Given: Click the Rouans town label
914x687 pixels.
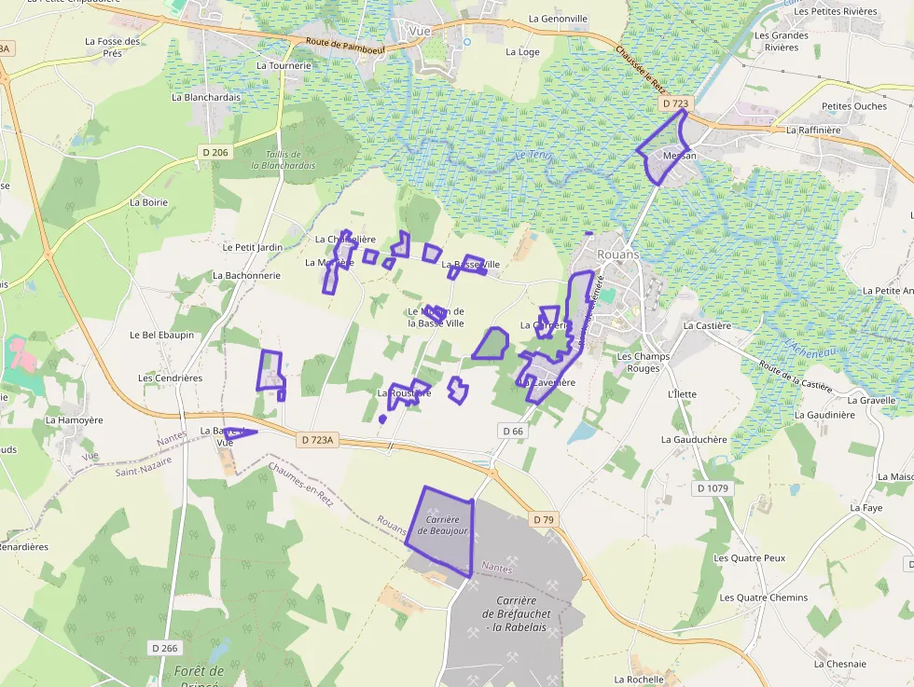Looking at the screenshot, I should pyautogui.click(x=618, y=254).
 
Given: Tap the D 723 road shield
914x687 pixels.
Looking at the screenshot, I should pyautogui.click(x=673, y=103).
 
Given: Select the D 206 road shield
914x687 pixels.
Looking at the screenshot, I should pyautogui.click(x=215, y=152).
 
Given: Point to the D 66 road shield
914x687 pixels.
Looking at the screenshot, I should pyautogui.click(x=513, y=431).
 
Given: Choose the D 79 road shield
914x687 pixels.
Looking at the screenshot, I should pyautogui.click(x=544, y=518).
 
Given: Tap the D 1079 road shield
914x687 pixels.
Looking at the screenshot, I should pyautogui.click(x=713, y=488).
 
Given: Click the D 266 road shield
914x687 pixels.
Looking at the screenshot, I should pyautogui.click(x=164, y=647).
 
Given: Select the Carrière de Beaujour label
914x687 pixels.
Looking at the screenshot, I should pyautogui.click(x=442, y=524).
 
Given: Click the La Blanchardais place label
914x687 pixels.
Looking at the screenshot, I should pyautogui.click(x=206, y=97).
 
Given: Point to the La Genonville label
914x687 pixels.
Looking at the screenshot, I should pyautogui.click(x=558, y=19).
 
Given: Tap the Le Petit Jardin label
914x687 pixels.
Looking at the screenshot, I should pyautogui.click(x=253, y=247).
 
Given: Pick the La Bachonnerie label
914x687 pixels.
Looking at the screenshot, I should pyautogui.click(x=246, y=275).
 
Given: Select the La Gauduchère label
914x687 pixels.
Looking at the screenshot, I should pyautogui.click(x=694, y=439).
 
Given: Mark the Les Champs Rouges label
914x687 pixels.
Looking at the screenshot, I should pyautogui.click(x=638, y=362).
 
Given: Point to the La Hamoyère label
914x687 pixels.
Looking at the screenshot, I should pyautogui.click(x=74, y=420).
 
